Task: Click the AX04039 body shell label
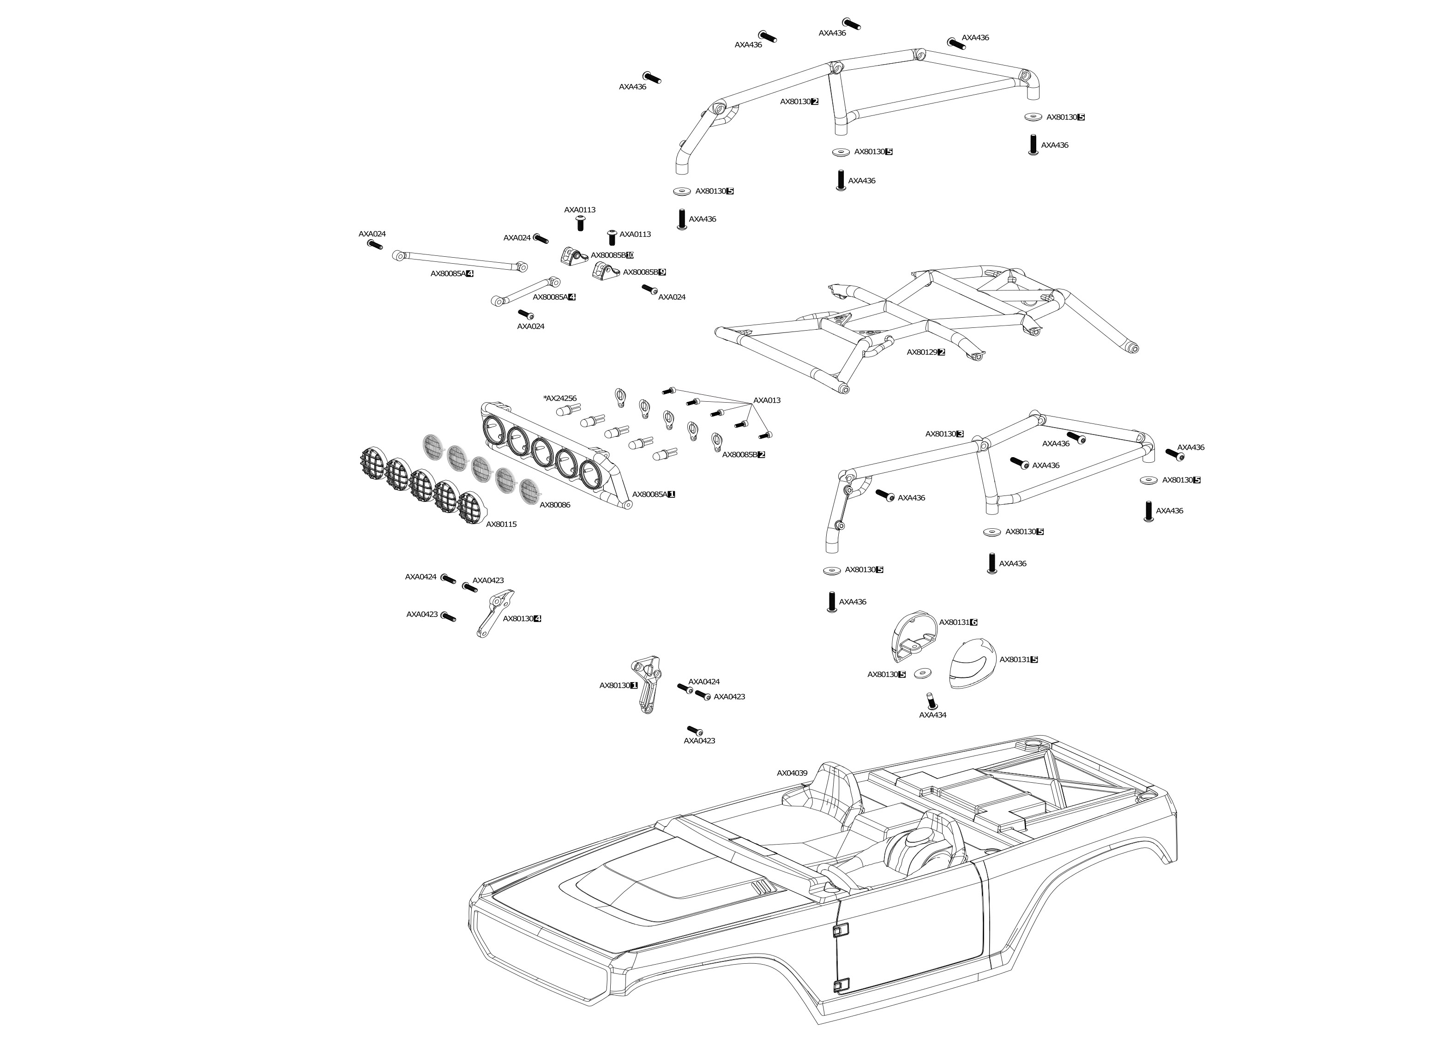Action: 792,773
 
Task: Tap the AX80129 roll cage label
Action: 925,352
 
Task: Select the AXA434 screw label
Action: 932,715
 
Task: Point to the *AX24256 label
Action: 559,398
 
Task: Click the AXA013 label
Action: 767,400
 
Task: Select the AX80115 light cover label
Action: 501,524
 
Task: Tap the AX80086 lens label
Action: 554,505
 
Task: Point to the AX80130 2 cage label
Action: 799,101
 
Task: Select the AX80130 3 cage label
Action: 944,434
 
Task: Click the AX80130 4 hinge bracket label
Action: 522,619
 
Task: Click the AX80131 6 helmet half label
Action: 958,622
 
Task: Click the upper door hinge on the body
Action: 840,930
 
